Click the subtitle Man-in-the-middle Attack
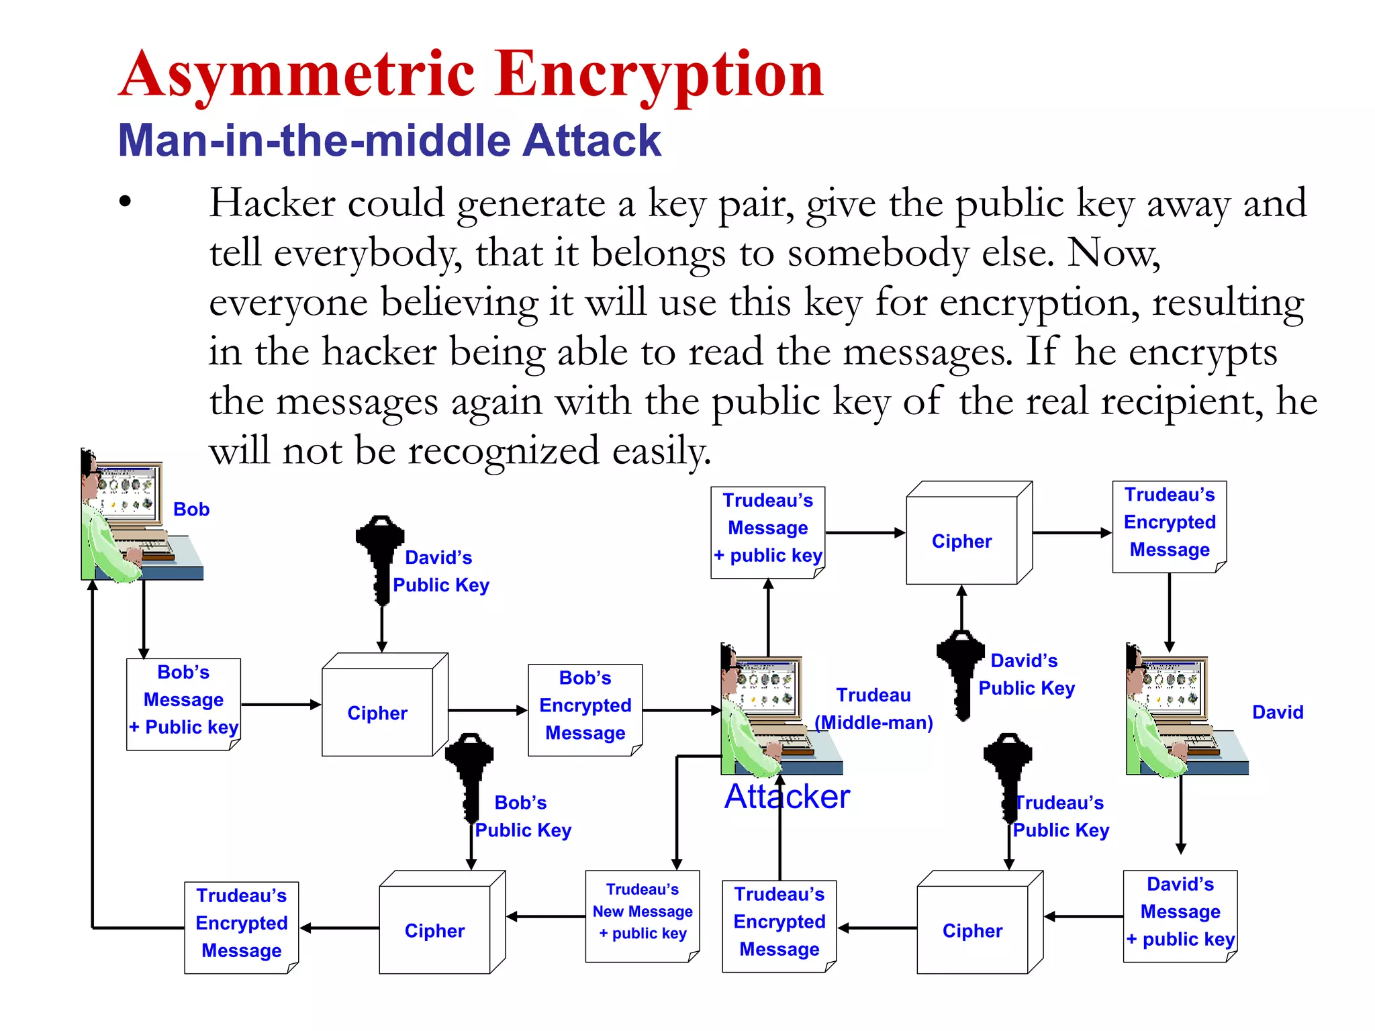[389, 140]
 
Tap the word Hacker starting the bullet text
[272, 203]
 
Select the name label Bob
[191, 509]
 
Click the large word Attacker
[787, 797]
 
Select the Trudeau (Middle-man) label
[873, 709]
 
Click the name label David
[1278, 712]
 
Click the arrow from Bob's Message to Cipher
[281, 704]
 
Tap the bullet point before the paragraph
[125, 201]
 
